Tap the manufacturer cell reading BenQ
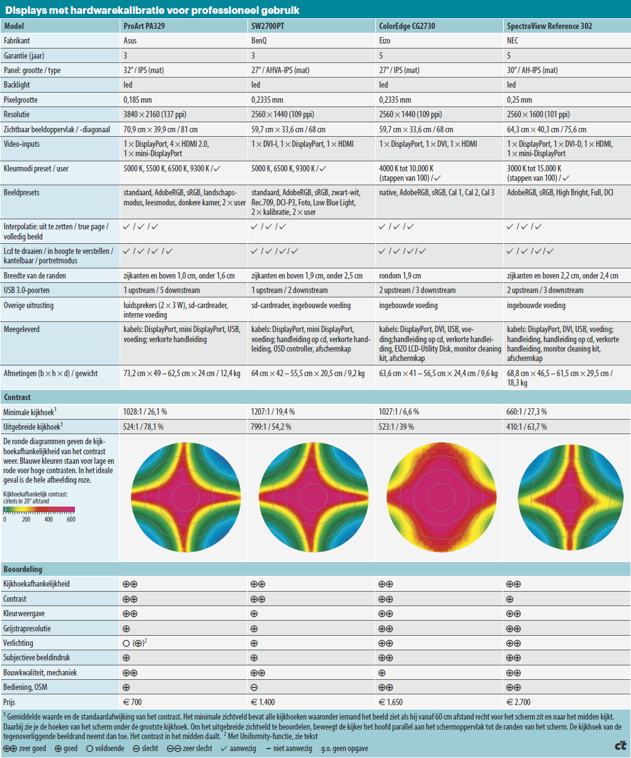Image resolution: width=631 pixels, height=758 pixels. [x=259, y=40]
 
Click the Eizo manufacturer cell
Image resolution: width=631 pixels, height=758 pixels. [x=385, y=40]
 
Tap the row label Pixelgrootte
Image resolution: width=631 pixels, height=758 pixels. [x=21, y=100]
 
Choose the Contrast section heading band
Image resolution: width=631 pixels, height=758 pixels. [x=315, y=398]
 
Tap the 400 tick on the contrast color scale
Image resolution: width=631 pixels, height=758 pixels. [x=48, y=519]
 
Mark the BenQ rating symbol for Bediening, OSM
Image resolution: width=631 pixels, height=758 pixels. [x=254, y=686]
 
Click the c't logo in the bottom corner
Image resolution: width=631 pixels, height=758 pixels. [x=620, y=746]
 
